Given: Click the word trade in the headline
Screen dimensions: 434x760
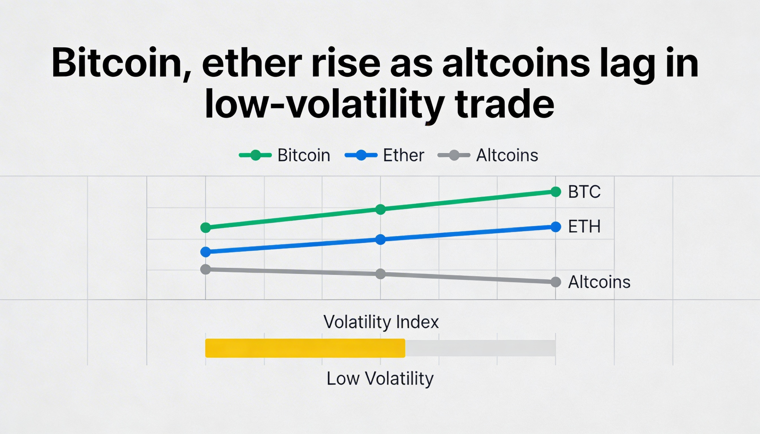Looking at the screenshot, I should (x=504, y=104).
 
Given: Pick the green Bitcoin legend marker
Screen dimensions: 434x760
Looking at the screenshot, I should (x=255, y=155).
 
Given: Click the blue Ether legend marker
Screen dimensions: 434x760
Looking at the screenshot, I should (x=361, y=155).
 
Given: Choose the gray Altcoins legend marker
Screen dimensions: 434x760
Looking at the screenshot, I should (x=454, y=155).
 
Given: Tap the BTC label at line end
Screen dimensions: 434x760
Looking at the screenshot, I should (x=584, y=192).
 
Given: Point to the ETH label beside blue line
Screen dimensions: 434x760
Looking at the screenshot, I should (x=584, y=227).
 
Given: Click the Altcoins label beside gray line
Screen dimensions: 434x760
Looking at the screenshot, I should (x=599, y=282).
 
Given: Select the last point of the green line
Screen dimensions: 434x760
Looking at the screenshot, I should (x=556, y=192).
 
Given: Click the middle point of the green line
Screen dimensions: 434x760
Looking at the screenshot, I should (x=380, y=209).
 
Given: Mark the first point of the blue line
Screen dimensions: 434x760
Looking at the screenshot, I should (x=205, y=252).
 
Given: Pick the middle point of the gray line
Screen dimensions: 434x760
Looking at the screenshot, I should (x=380, y=274).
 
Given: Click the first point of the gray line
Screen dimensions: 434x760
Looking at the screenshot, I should (x=205, y=269).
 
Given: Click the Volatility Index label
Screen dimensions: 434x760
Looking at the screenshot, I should (x=381, y=322).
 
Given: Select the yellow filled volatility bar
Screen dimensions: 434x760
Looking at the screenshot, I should (x=305, y=348).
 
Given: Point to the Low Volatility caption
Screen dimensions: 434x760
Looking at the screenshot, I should (x=380, y=379).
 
